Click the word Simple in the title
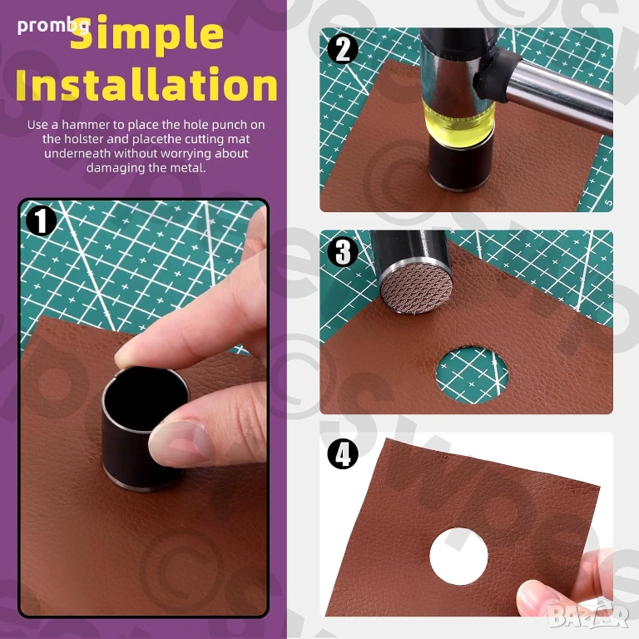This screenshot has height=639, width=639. point(146,35)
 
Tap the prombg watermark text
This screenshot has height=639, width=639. point(53,26)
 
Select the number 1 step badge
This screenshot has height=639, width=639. point(41,220)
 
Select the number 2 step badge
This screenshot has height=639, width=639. point(343,48)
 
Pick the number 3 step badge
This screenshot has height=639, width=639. point(343,251)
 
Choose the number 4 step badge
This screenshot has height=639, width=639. point(343,453)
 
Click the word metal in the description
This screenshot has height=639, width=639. point(186,168)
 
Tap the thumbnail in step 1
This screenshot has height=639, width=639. point(180,441)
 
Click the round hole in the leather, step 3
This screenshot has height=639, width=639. point(472,374)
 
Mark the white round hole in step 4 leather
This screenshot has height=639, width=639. point(458,556)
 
